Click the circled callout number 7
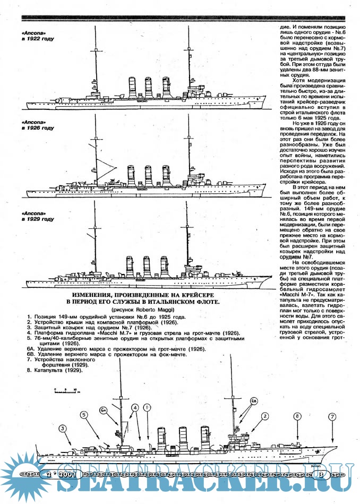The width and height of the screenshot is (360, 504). [x=332, y=417]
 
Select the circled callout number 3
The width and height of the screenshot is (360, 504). [x=63, y=428]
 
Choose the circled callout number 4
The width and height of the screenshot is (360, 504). [x=136, y=408]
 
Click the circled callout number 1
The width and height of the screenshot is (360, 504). [x=148, y=407]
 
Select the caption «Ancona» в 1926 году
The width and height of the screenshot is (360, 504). [x=37, y=125]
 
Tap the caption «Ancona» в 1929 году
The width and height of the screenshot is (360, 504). [x=37, y=216]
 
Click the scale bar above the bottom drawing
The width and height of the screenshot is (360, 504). [x=66, y=392]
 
